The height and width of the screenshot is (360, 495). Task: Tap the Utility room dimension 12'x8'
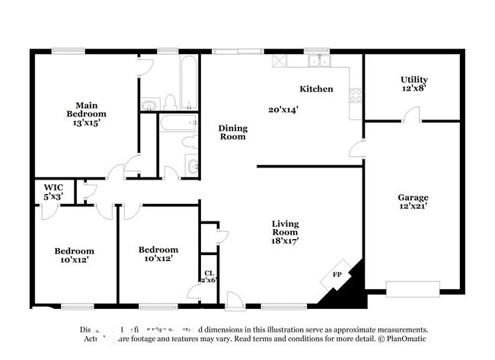[x=414, y=88]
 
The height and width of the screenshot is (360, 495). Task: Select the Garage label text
[x=414, y=197]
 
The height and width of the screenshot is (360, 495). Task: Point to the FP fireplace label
[x=336, y=276]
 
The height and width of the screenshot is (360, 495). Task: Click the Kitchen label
[x=316, y=89]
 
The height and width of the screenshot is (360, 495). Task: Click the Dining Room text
[x=232, y=132]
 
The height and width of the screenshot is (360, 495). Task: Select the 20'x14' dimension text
[x=283, y=109]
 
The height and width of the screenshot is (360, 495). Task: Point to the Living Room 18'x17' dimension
[x=286, y=241]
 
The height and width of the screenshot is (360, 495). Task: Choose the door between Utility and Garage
[x=412, y=118]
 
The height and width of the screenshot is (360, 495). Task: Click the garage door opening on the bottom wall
[x=412, y=288]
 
